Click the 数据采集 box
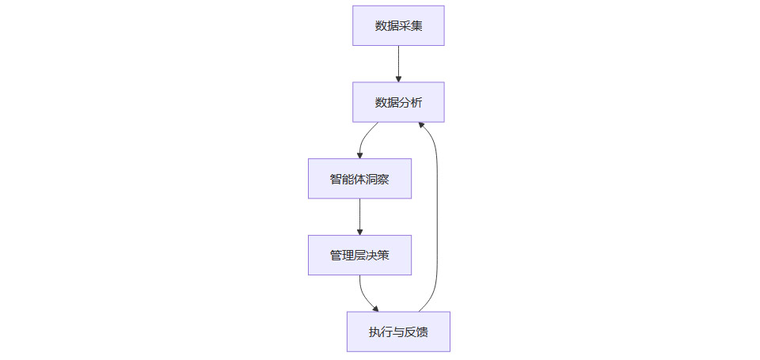point(398,26)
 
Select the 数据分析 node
point(398,102)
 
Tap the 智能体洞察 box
point(359,179)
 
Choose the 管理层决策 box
point(359,255)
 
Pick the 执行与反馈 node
point(398,332)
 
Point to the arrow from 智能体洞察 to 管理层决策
point(359,215)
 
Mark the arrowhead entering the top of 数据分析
point(398,78)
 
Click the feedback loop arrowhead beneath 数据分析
point(422,127)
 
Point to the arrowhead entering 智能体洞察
point(359,155)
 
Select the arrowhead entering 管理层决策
point(359,231)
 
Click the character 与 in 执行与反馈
point(398,332)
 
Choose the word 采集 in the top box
point(410,26)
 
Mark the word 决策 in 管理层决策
point(378,255)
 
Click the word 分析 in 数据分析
point(410,102)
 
